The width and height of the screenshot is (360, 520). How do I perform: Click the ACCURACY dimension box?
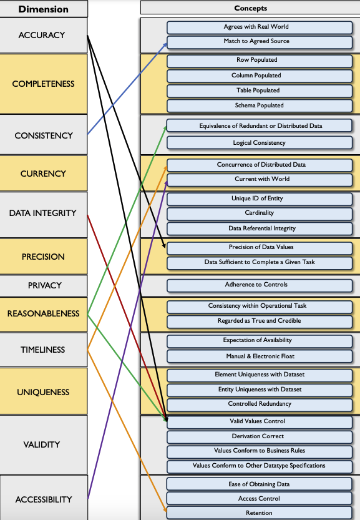(x=42, y=35)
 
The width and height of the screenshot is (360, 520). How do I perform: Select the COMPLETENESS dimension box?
(x=43, y=84)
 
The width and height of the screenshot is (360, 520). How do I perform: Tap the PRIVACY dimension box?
(x=44, y=285)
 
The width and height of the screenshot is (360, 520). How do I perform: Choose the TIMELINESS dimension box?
(x=43, y=350)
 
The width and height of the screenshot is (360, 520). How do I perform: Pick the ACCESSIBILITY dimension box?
(x=43, y=499)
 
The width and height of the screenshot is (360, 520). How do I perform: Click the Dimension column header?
(x=43, y=9)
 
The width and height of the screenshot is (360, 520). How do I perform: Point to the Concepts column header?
(x=250, y=8)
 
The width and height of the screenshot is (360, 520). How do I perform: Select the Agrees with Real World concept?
(x=259, y=27)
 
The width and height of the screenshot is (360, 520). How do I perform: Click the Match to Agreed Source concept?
(x=259, y=41)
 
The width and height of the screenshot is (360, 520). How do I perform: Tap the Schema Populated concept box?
(x=259, y=105)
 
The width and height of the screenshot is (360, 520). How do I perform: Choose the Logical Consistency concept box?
(x=259, y=143)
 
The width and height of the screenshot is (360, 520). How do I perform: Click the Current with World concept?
(x=259, y=179)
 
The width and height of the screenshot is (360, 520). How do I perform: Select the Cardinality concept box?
(x=259, y=213)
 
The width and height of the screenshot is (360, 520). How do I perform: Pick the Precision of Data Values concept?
(x=259, y=247)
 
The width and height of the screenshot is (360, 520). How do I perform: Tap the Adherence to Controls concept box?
(x=259, y=285)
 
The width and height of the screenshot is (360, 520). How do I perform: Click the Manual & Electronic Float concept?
(x=259, y=356)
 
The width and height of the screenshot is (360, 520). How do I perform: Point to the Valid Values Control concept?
(x=259, y=421)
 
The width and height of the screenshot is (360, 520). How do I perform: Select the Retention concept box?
(x=259, y=513)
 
